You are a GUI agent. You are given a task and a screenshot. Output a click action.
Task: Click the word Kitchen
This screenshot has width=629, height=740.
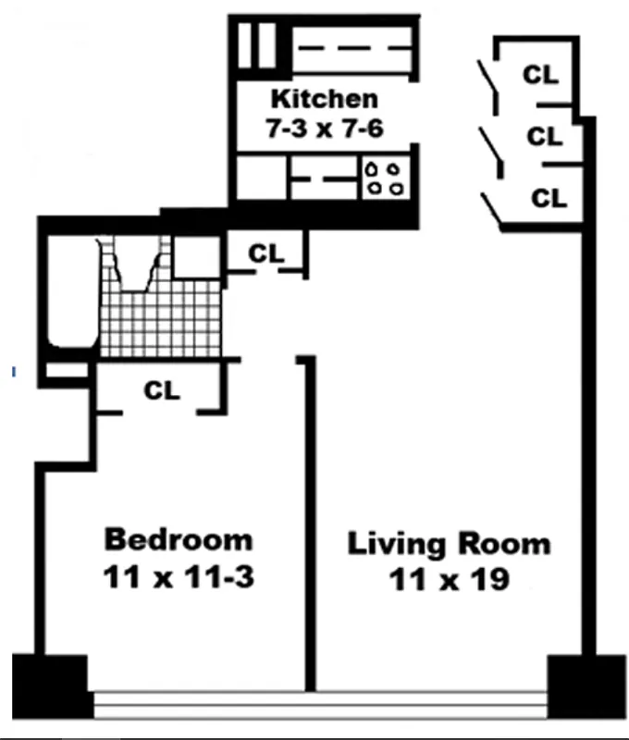[x=323, y=98]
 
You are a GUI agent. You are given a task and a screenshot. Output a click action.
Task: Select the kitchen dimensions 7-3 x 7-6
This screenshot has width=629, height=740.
[x=324, y=129]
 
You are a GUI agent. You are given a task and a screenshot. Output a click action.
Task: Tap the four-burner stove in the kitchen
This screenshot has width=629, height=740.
[x=385, y=178]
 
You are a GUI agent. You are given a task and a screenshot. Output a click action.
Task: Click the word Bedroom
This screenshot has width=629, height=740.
[x=178, y=538]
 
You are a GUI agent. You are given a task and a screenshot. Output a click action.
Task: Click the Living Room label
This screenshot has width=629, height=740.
[x=449, y=543]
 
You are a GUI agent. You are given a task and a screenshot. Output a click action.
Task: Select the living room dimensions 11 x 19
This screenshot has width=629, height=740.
[x=449, y=581]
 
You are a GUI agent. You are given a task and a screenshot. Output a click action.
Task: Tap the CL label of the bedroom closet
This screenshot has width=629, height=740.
[x=162, y=391]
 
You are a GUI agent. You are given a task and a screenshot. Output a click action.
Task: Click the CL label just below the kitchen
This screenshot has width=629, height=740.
[x=266, y=253]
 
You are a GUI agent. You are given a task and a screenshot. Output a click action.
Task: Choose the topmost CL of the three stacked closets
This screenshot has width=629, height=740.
[x=541, y=75]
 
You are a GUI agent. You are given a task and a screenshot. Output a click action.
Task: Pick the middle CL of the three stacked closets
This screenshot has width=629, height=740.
[x=545, y=137]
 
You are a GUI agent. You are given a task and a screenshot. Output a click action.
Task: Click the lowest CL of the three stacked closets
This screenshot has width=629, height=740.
[x=548, y=197]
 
